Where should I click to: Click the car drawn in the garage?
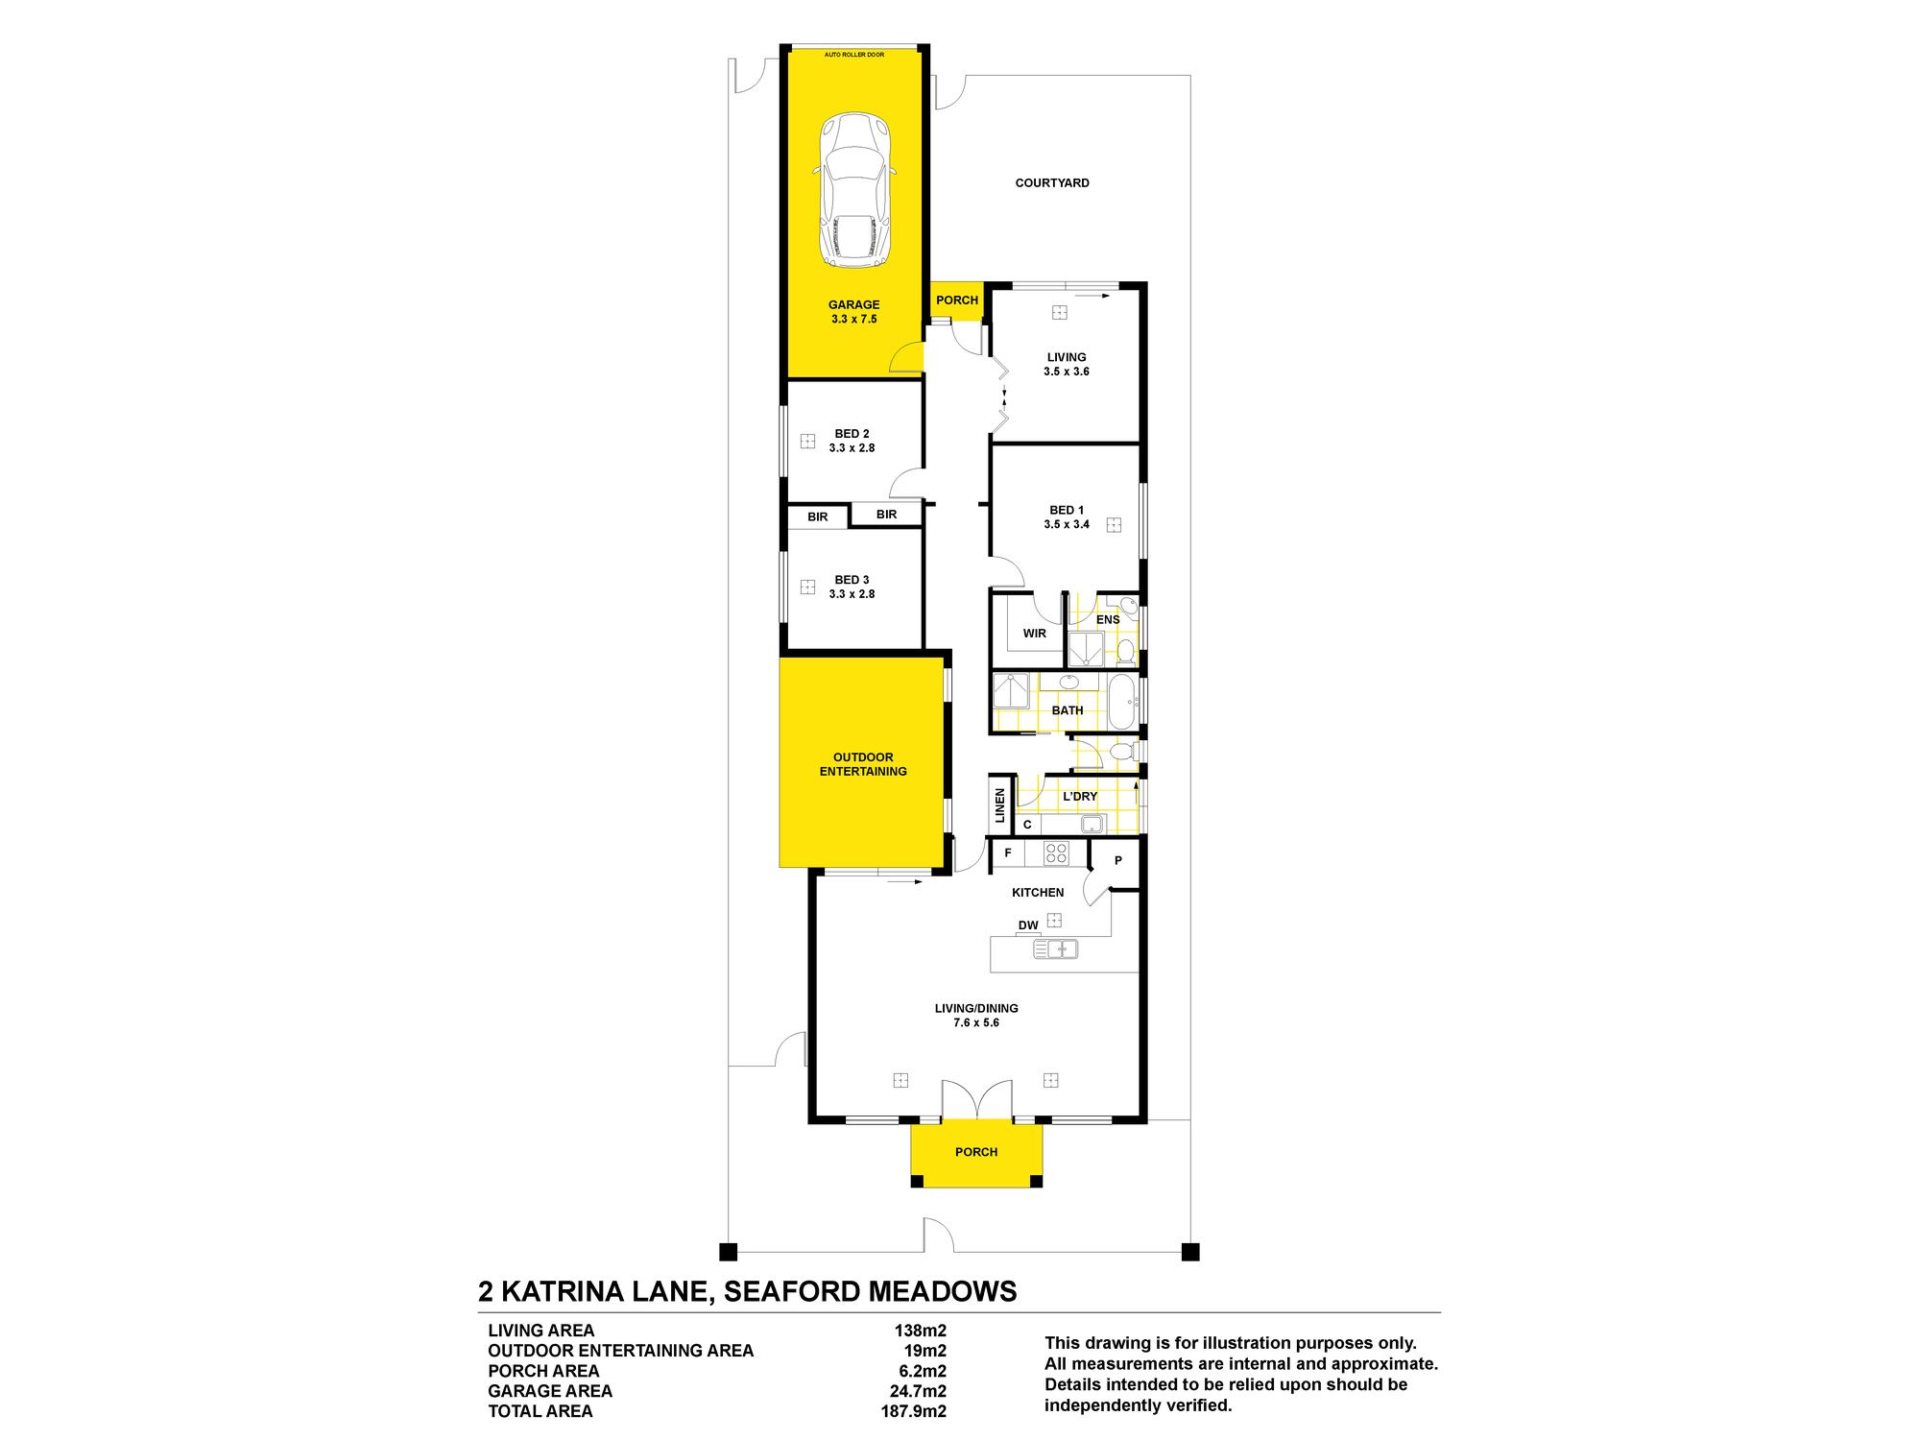854,191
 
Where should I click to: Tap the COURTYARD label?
1052,182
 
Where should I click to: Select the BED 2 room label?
852,434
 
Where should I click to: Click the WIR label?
1034,634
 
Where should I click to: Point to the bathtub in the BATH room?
1122,702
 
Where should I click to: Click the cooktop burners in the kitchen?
1056,852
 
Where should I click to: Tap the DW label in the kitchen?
1028,925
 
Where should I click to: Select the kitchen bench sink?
1055,949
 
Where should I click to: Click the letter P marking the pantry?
1118,861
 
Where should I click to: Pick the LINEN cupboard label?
999,804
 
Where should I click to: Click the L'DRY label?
1080,797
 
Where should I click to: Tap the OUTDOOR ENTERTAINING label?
863,764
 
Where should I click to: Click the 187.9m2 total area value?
914,1411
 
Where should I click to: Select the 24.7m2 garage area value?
918,1391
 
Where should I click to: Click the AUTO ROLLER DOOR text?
854,55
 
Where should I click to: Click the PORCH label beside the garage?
957,300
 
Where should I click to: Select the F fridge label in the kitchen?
1008,852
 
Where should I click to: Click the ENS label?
1108,620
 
